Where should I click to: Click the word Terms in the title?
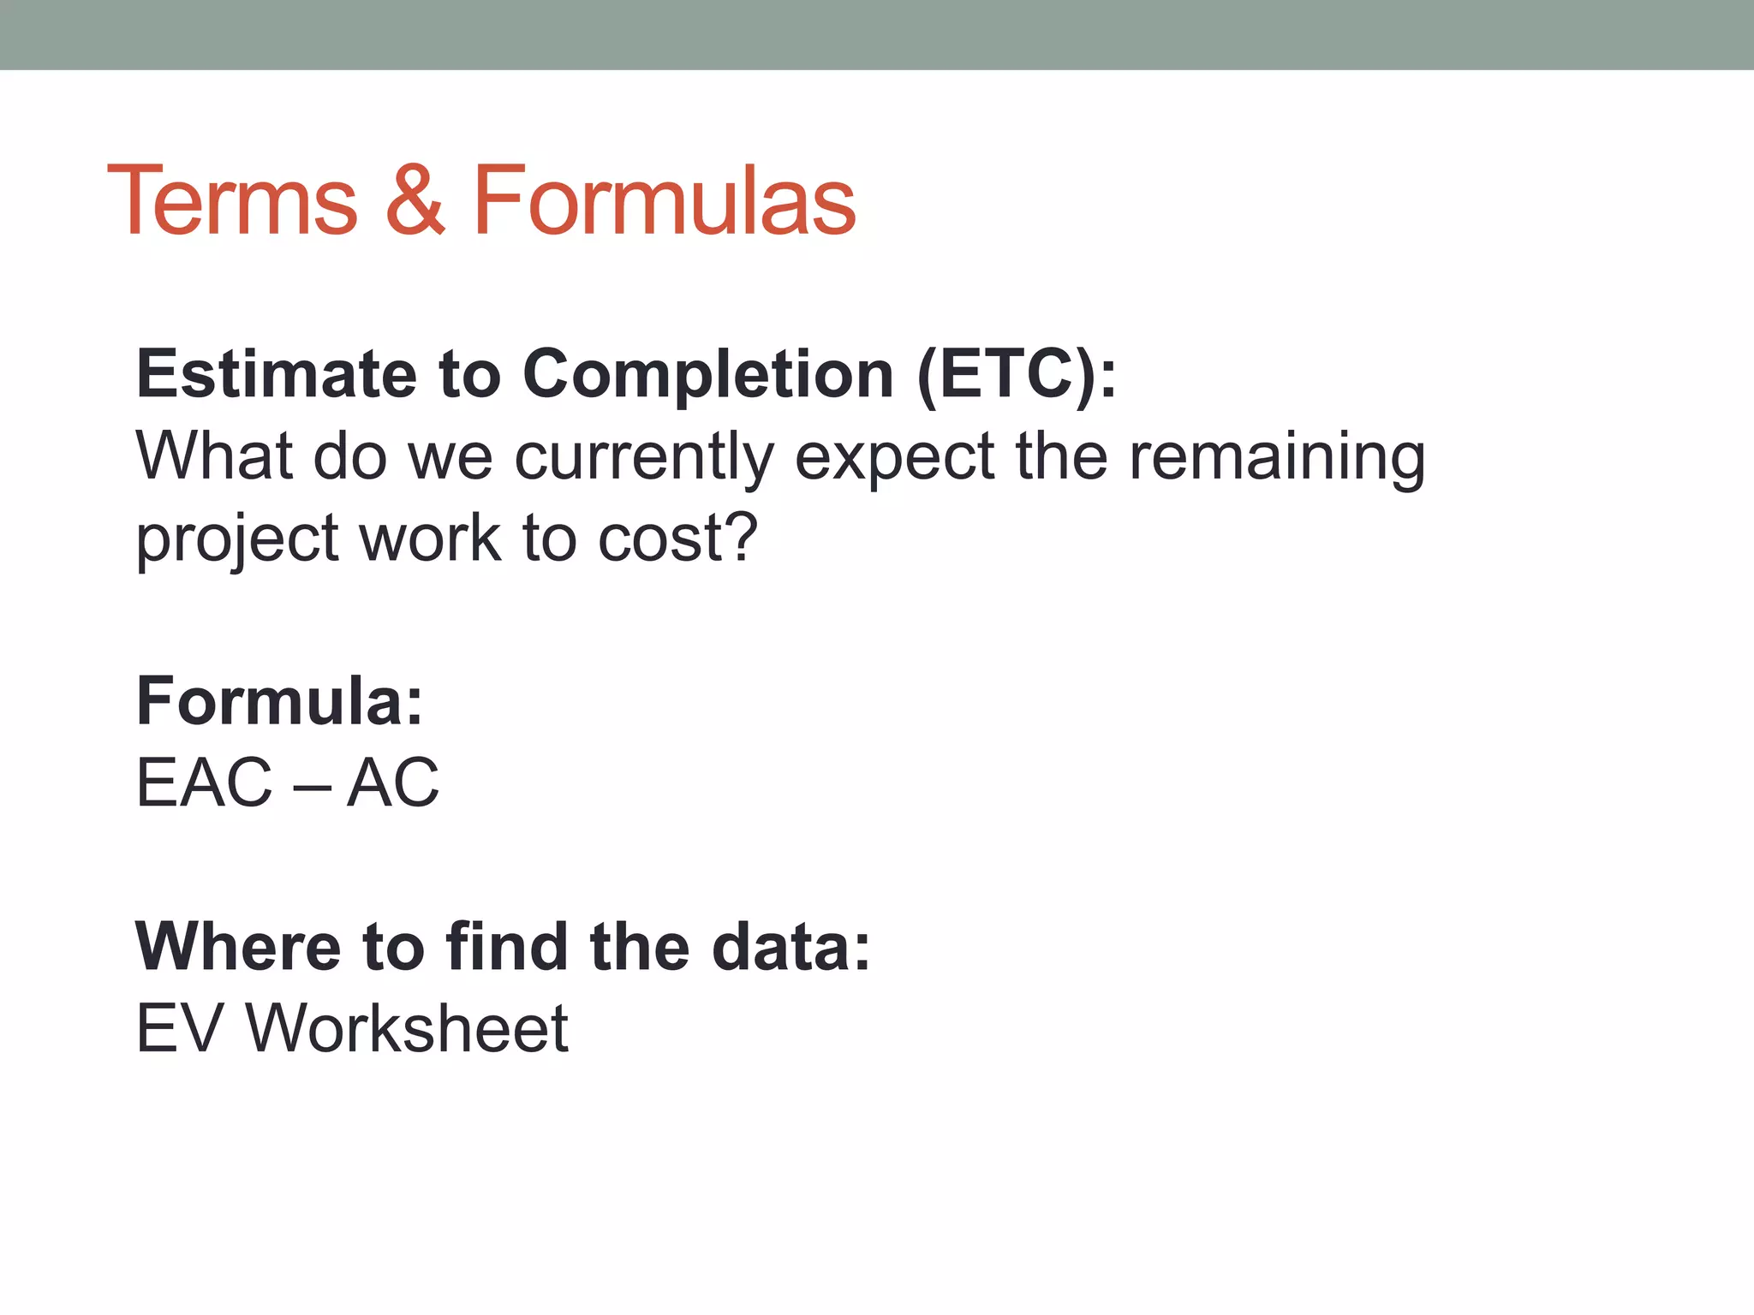tap(232, 200)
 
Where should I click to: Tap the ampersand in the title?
tap(415, 200)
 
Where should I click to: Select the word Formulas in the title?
tap(664, 200)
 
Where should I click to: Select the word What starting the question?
tap(214, 456)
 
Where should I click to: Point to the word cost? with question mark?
tap(677, 539)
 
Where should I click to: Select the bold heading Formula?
tap(279, 701)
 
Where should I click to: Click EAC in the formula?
tap(204, 782)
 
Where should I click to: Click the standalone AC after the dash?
tap(392, 782)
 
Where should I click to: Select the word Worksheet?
tap(407, 1028)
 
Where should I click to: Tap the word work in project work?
tap(429, 539)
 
